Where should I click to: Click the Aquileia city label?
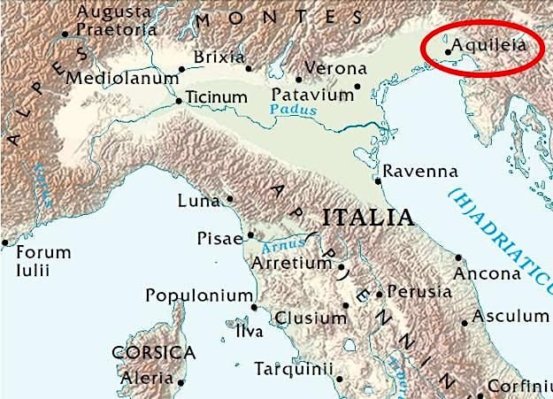coord(491,44)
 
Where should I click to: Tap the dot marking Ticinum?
coord(179,101)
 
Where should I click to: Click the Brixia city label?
coord(219,58)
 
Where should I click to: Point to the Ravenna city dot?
coord(378,181)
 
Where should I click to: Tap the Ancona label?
coord(487,273)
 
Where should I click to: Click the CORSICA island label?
coord(153,352)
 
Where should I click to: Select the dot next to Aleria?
coord(181,383)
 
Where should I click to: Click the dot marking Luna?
coord(229,199)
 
